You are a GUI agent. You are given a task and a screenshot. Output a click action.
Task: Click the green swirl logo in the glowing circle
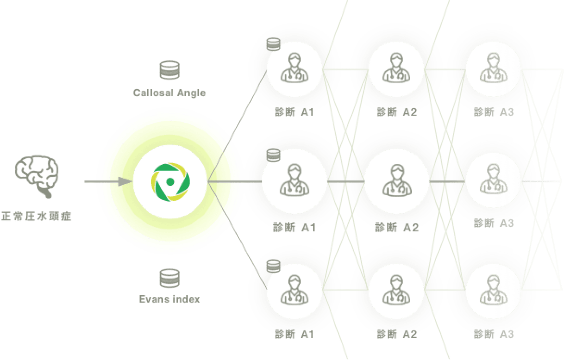(170, 181)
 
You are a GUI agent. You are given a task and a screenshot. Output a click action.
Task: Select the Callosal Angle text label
(169, 93)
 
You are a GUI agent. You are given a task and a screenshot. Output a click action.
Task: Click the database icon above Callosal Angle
(169, 70)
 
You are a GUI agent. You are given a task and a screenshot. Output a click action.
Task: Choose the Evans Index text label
(169, 299)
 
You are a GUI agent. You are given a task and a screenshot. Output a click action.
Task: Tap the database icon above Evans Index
(169, 278)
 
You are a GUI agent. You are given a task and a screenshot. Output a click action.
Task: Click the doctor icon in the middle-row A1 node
(291, 180)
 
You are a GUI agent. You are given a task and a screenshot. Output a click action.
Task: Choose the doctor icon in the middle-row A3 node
(494, 180)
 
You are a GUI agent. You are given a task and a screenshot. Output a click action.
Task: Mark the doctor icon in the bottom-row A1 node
(294, 290)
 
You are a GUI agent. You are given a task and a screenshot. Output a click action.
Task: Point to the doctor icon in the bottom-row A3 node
(494, 290)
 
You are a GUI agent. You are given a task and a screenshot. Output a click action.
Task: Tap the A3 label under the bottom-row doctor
(494, 334)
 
